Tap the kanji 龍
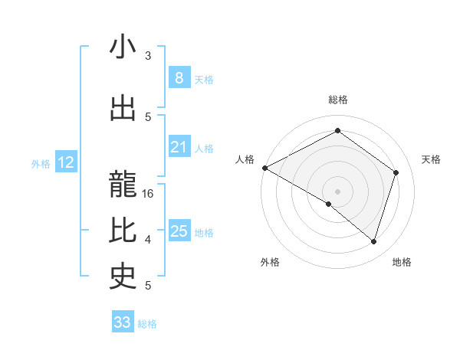coord(123,181)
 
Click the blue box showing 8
coord(179,78)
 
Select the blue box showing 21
coord(179,147)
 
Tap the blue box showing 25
coord(179,231)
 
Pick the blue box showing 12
coord(65,162)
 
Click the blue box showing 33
coord(122,322)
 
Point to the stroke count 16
coord(149,194)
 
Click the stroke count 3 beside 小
coord(148,56)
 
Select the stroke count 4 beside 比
coord(148,240)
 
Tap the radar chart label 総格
coord(337,100)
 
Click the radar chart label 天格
coord(431,159)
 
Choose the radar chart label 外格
coord(270,262)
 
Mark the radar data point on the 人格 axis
coord(264,168)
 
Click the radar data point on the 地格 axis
coord(373,241)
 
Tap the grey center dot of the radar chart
coord(337,191)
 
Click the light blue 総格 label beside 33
coord(147,324)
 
